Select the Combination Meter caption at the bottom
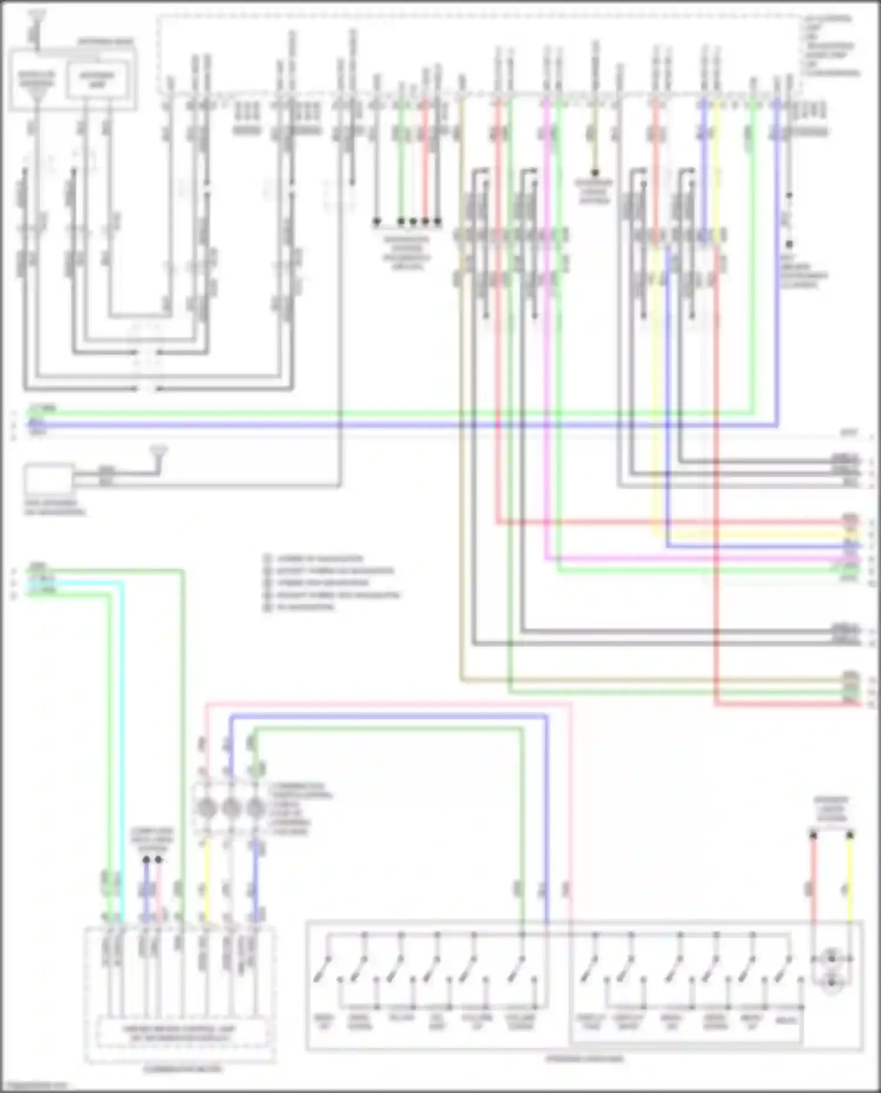click(183, 1069)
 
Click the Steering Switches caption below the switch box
click(584, 1059)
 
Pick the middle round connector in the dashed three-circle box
click(230, 809)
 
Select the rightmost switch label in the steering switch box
click(787, 1020)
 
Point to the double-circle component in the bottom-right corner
click(831, 969)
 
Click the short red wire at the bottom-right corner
click(813, 881)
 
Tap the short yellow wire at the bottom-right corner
click(850, 881)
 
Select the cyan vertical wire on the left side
click(123, 734)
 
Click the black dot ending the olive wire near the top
click(594, 173)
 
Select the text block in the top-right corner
click(832, 46)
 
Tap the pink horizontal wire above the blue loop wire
click(388, 703)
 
